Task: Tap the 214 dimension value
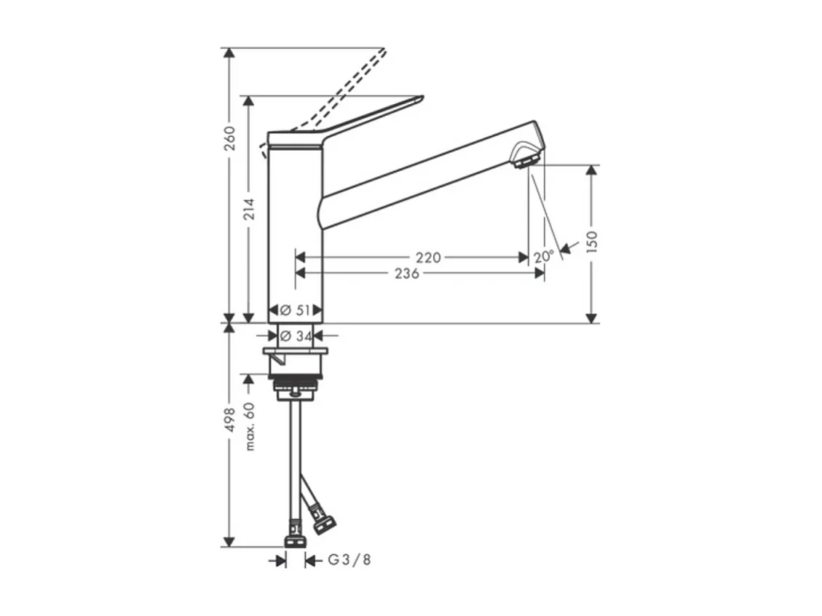tap(249, 210)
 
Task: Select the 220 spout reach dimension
tap(428, 257)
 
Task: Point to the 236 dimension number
tap(406, 273)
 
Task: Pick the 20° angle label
tap(542, 257)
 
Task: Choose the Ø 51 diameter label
tap(295, 309)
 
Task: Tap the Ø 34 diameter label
tap(295, 336)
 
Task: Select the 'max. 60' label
tap(250, 425)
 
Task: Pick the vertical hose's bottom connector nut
tap(295, 541)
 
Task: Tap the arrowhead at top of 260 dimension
tap(229, 53)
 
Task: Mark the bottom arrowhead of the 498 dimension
tap(229, 542)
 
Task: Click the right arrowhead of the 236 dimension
tap(540, 273)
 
